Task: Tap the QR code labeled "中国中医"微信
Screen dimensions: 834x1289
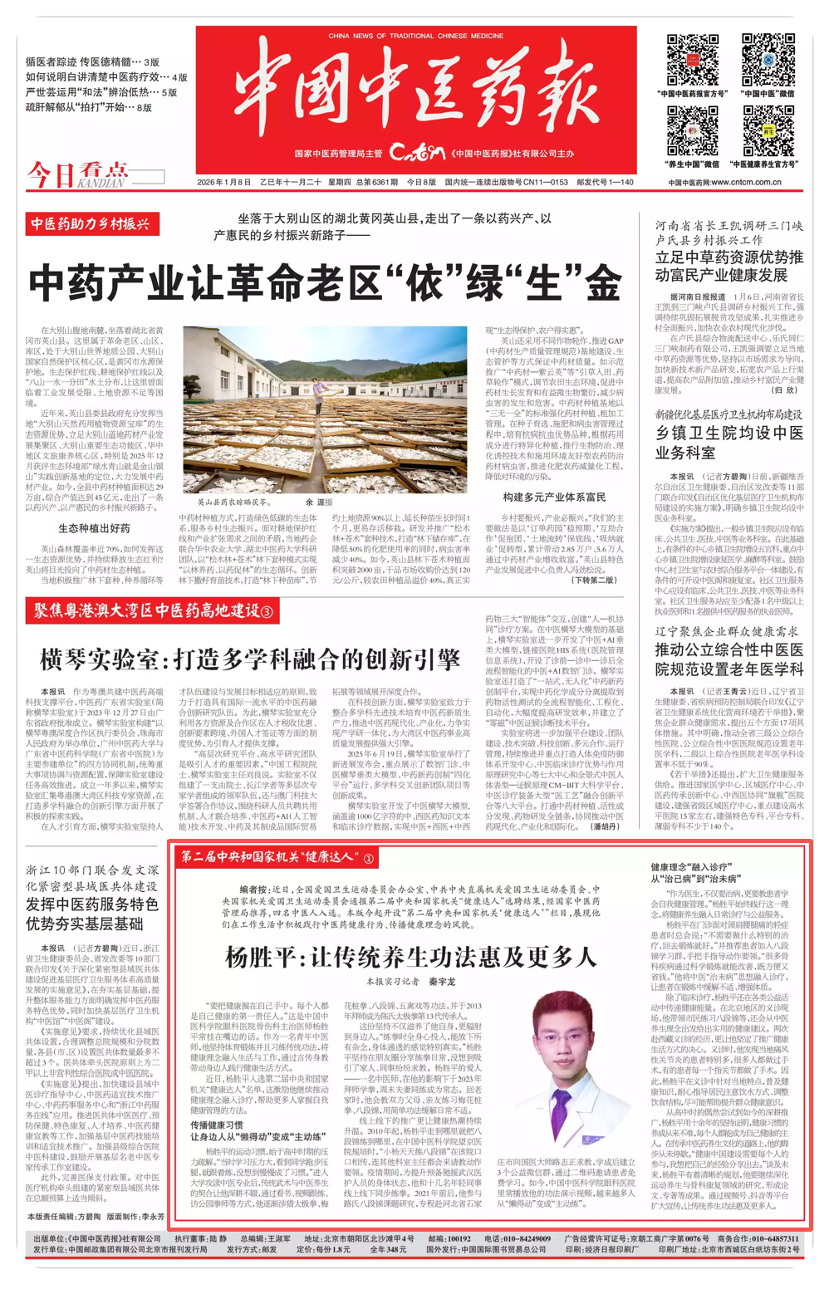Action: [x=768, y=60]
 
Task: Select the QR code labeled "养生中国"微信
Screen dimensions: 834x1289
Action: [x=693, y=131]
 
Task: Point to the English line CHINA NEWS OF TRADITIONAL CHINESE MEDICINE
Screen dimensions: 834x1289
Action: [x=415, y=36]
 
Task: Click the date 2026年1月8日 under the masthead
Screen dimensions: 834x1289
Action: [x=223, y=182]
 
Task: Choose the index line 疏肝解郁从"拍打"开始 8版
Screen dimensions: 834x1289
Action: [x=89, y=107]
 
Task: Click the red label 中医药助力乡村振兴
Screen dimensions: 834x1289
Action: [x=91, y=224]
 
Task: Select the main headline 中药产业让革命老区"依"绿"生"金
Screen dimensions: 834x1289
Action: [x=326, y=284]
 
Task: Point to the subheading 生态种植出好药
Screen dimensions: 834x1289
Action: [x=94, y=528]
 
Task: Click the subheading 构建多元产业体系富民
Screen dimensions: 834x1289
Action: [x=554, y=497]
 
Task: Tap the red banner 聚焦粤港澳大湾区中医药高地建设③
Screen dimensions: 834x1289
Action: [x=153, y=611]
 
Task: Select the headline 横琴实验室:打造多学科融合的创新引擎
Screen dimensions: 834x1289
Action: [x=250, y=660]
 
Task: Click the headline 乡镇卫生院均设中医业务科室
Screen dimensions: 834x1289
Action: [x=729, y=443]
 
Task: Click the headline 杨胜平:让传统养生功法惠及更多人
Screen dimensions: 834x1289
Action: [x=410, y=957]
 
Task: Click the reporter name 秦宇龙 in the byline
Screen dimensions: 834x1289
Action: [x=442, y=981]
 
